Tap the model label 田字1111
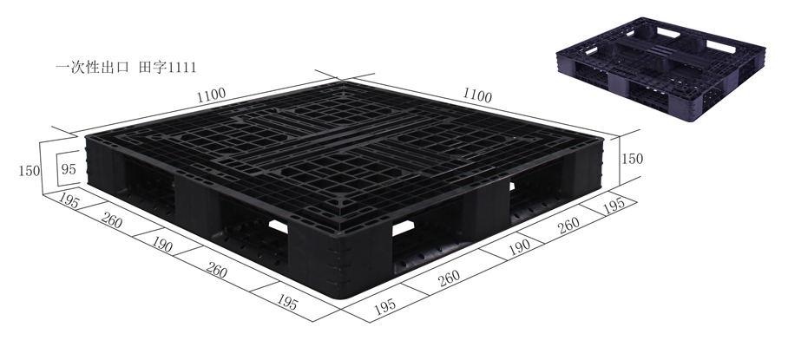point(174,66)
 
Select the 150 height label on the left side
point(28,171)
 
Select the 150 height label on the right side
point(635,160)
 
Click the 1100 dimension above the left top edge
point(211,93)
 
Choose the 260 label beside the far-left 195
point(110,222)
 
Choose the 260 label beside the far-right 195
point(568,226)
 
